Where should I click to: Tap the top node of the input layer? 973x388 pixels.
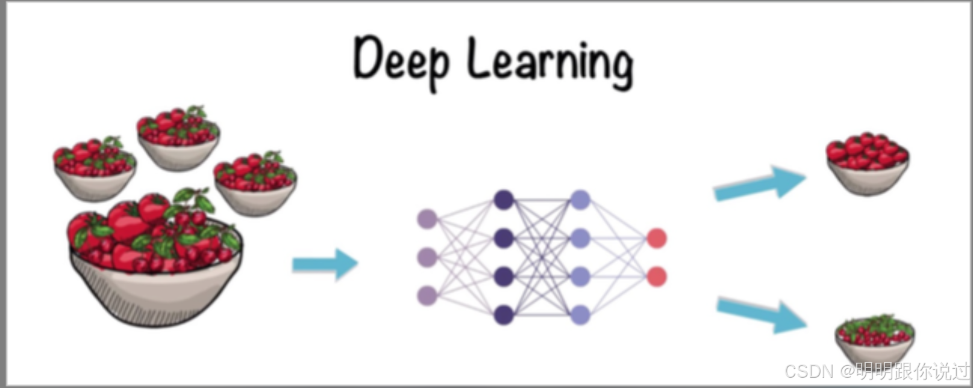coord(427,219)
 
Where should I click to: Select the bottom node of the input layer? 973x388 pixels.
coord(427,295)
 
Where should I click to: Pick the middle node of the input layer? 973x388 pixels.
coord(427,257)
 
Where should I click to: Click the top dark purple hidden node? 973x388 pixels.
coord(504,200)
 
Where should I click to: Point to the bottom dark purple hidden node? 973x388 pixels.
coord(504,315)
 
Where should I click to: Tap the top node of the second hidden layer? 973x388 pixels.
coord(580,200)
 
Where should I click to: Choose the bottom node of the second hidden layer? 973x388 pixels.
coord(580,315)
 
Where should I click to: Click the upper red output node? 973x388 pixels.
coord(657,238)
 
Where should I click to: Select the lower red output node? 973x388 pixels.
coord(657,277)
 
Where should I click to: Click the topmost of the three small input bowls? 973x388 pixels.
coord(178,140)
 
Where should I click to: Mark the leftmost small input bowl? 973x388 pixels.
coord(95,170)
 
